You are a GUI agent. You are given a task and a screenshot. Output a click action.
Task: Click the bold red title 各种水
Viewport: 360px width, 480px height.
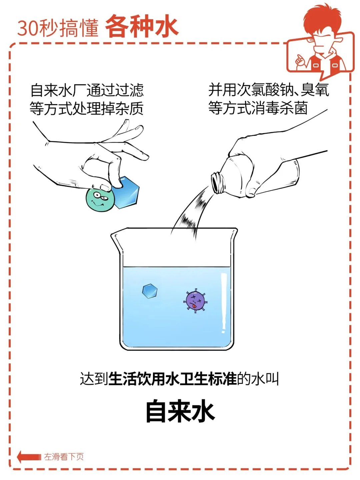click(x=142, y=26)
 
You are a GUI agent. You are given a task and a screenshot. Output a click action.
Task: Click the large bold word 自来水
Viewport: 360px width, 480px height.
click(x=180, y=411)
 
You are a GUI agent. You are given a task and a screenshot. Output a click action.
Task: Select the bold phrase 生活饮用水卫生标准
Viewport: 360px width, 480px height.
click(x=172, y=379)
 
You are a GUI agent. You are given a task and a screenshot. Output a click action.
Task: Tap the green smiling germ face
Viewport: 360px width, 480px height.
click(x=100, y=199)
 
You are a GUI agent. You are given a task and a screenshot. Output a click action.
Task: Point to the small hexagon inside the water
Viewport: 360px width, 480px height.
click(x=150, y=291)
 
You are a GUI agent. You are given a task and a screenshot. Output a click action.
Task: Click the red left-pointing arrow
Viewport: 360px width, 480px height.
click(x=29, y=457)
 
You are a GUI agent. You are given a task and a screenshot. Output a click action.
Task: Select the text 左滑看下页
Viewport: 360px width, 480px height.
click(x=64, y=457)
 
